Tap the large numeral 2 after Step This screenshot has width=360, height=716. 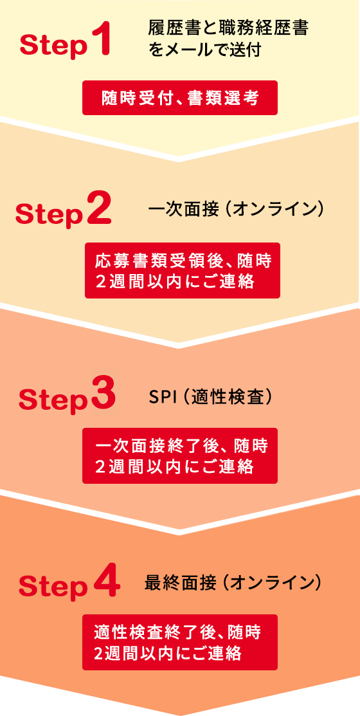pyautogui.click(x=98, y=208)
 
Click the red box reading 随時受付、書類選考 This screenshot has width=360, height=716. pyautogui.click(x=180, y=98)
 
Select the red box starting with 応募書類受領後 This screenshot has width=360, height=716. pyautogui.click(x=183, y=270)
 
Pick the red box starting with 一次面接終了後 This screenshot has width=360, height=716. pyautogui.click(x=180, y=455)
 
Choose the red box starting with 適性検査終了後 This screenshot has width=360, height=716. pyautogui.click(x=180, y=642)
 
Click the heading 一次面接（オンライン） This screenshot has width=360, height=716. pyautogui.click(x=235, y=210)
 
